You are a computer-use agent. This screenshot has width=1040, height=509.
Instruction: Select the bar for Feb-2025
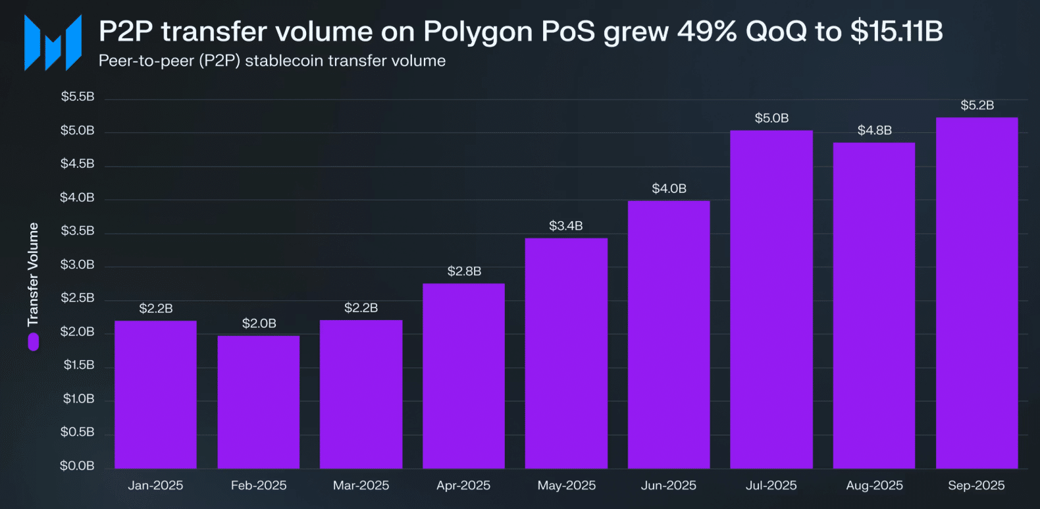(258, 402)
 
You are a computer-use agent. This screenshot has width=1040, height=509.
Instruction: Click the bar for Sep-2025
(976, 293)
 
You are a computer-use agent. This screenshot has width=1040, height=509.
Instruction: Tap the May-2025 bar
(566, 353)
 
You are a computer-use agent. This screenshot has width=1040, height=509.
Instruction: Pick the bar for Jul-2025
(771, 300)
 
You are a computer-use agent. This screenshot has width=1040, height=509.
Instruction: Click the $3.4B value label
(566, 226)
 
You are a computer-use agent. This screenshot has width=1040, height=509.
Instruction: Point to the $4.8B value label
(874, 130)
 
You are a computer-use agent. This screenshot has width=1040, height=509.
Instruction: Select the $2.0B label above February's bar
(259, 323)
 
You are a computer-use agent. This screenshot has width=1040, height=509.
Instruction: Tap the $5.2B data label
(977, 105)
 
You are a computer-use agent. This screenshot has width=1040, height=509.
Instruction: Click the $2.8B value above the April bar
(464, 271)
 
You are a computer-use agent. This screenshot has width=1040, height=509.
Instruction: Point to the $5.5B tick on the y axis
(78, 97)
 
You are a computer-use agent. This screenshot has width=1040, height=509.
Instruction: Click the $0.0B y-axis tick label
(77, 466)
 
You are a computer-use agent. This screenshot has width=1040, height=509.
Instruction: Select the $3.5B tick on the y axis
(78, 231)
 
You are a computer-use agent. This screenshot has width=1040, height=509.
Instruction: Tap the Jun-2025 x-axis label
(668, 485)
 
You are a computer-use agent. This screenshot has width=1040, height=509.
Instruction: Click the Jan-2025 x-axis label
(155, 485)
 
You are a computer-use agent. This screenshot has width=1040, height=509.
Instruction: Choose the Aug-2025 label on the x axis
(874, 485)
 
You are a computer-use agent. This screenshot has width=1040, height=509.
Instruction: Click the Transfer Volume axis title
(33, 275)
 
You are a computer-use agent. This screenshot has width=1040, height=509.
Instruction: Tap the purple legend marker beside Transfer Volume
(33, 342)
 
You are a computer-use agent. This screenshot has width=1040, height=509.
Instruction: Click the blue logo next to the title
(53, 43)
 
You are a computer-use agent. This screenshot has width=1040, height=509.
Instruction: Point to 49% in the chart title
(707, 31)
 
